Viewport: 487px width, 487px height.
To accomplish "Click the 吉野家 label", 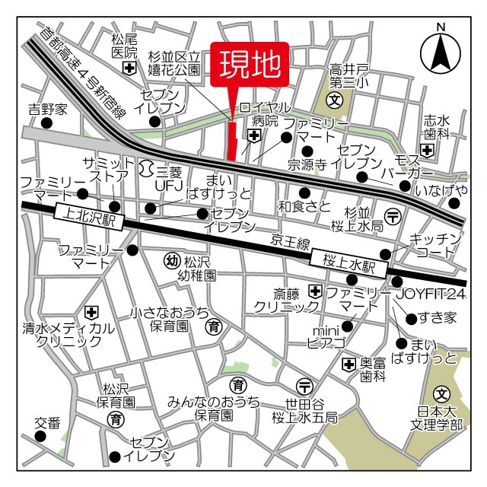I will click(x=48, y=109).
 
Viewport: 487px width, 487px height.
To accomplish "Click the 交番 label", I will click(x=47, y=423).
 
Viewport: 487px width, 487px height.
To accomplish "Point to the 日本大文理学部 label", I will click(x=440, y=418).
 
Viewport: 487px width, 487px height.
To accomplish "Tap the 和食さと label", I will click(x=304, y=205).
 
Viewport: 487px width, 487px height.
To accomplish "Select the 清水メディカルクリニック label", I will click(x=68, y=335).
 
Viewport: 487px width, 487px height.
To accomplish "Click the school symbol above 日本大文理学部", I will click(x=441, y=394).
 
